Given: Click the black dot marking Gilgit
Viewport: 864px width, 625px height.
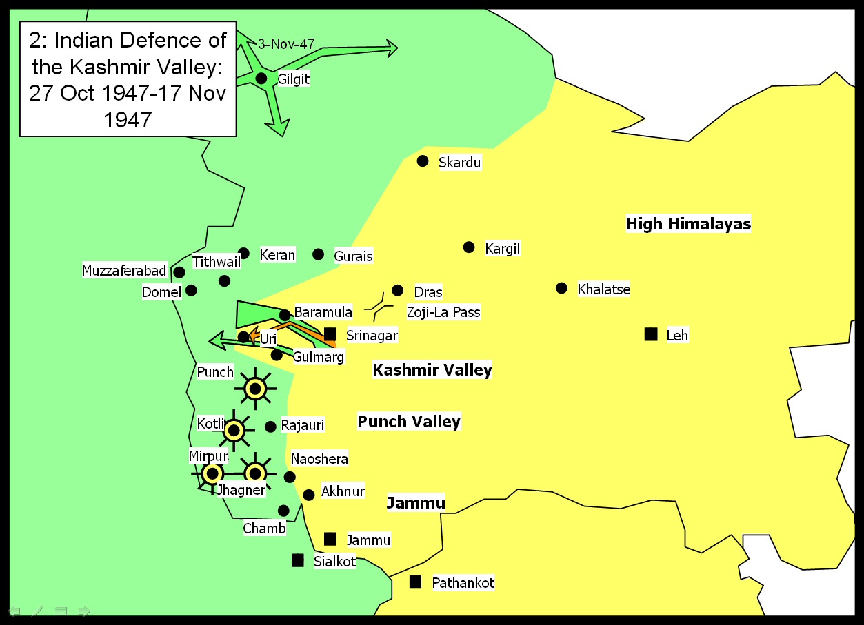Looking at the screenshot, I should [261, 79].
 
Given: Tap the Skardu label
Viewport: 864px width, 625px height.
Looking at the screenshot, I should [460, 163].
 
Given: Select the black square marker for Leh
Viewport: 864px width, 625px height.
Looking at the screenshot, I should [650, 334].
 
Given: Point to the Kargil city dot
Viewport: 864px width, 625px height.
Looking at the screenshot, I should [469, 247].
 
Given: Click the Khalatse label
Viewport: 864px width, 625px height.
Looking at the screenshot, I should [604, 289].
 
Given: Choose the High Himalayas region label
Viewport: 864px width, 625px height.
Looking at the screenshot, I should [688, 224].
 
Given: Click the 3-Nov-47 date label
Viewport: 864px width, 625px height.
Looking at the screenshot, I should [286, 44].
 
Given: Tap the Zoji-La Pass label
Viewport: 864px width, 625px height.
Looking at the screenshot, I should [443, 312].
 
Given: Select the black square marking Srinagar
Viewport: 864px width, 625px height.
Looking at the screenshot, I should [330, 334].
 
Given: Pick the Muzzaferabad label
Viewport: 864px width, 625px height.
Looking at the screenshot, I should [124, 271].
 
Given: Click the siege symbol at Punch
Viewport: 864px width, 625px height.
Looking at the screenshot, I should [255, 389].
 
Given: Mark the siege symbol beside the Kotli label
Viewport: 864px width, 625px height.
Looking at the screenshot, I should [234, 431].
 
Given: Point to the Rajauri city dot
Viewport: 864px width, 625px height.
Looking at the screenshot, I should [270, 427].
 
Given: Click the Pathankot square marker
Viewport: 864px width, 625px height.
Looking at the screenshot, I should [415, 582].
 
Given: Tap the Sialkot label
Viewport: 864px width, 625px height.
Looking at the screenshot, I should [334, 561].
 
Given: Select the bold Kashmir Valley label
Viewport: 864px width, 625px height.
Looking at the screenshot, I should [432, 370].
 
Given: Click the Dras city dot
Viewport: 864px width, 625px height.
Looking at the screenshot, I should [397, 291].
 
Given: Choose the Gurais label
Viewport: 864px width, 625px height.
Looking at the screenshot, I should [353, 256].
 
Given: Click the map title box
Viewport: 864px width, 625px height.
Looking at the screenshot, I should [128, 79].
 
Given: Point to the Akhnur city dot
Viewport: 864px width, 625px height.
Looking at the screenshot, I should [309, 495].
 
